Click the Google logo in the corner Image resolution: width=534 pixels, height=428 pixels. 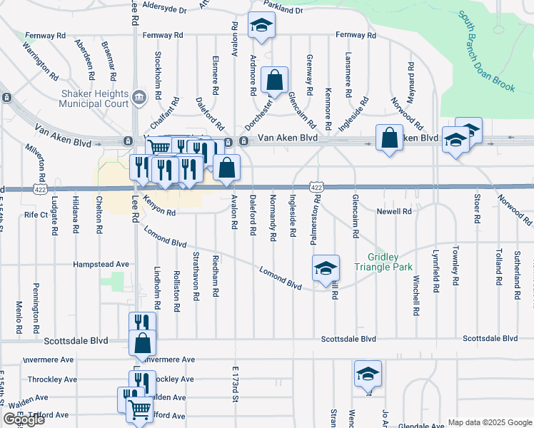click(x=24, y=419)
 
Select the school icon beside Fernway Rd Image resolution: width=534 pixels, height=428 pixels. click(x=261, y=26)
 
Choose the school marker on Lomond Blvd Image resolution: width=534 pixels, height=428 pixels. click(x=325, y=268)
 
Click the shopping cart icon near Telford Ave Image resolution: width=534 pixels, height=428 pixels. click(x=139, y=409)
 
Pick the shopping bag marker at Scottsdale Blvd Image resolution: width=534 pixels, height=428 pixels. click(x=143, y=343)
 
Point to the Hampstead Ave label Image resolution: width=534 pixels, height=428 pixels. click(x=101, y=264)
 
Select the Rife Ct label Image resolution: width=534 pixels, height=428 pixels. click(x=36, y=214)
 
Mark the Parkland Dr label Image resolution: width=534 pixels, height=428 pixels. click(x=285, y=11)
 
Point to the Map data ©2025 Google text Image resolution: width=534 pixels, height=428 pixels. click(x=489, y=422)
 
